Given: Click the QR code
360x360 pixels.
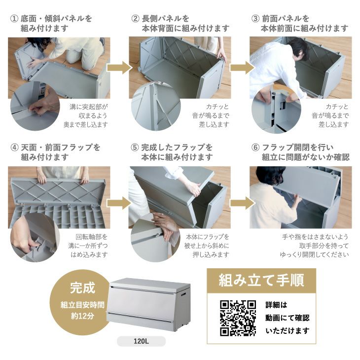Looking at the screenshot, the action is coord(238,318).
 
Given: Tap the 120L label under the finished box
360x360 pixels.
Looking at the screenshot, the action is coord(141,341).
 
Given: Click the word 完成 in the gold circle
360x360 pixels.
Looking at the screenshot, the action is coord(83,288).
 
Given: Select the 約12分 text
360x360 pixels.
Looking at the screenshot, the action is coord(83,316).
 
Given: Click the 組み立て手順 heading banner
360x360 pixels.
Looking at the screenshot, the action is coord(261,281).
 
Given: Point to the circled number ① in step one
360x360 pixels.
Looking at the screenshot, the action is coord(14,19).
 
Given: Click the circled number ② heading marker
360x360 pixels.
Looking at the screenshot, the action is coord(135,19).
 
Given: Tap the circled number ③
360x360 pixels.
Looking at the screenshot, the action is coord(255,19).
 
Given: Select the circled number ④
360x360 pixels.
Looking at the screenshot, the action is coord(14,147).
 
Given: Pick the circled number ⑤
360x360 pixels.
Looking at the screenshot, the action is coord(135,147).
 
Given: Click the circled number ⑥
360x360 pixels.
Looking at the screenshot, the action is coord(255,147).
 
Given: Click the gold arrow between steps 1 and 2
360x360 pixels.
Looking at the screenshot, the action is coord(119,68).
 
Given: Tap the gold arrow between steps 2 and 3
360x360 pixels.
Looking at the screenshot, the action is coord(242,68).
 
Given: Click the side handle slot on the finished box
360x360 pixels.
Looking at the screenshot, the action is coord(183,294).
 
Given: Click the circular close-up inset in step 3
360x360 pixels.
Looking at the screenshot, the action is coord(276,109).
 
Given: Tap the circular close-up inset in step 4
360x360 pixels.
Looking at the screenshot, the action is coord(35,237).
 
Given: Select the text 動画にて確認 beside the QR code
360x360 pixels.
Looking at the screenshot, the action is coord(288,318).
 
